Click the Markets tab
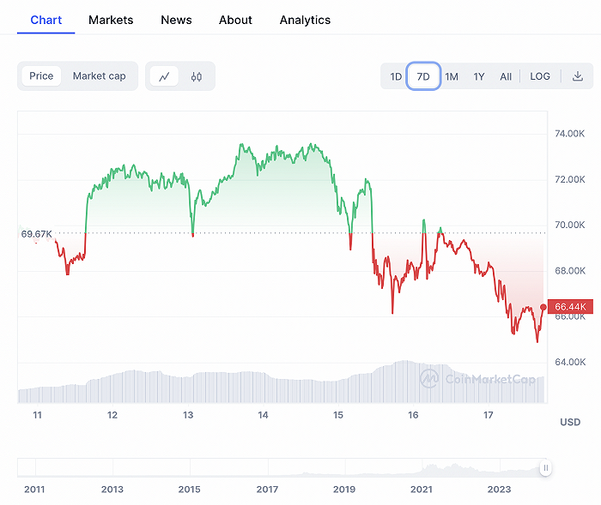point(111,20)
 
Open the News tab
point(176,20)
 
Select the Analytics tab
point(305,20)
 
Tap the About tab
point(235,20)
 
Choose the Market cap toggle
point(99,76)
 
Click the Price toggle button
point(41,76)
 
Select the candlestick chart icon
point(197,76)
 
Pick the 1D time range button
point(396,76)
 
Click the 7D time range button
point(423,76)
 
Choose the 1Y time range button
point(479,76)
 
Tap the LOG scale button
point(540,76)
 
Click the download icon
point(578,76)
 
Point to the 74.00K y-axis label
point(570,134)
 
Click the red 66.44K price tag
point(570,307)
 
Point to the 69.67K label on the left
point(37,233)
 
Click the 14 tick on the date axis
point(263,415)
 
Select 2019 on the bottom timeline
point(344,490)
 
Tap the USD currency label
point(570,422)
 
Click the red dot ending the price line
point(543,307)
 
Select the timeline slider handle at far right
point(545,468)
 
